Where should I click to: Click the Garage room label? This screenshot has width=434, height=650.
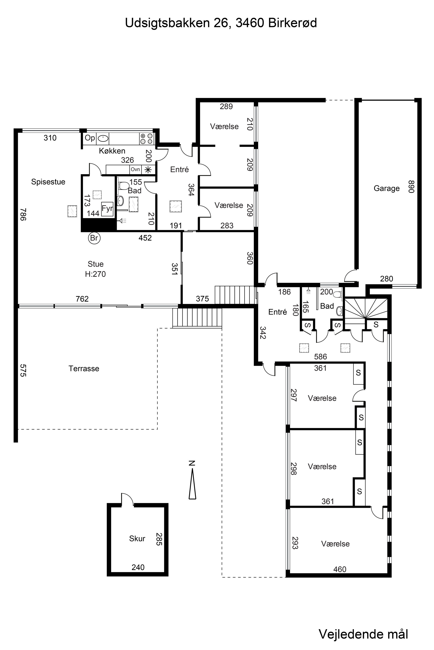pyautogui.click(x=386, y=188)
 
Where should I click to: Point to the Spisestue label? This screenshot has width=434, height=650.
pyautogui.click(x=48, y=182)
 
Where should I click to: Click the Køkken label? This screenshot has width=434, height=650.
pyautogui.click(x=112, y=151)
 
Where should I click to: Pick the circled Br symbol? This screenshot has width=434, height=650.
pyautogui.click(x=94, y=238)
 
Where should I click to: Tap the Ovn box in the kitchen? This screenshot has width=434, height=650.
pyautogui.click(x=135, y=169)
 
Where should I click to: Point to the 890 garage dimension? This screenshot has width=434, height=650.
pyautogui.click(x=412, y=187)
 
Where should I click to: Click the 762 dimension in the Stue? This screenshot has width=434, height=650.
pyautogui.click(x=82, y=299)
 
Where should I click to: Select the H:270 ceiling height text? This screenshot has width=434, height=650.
pyautogui.click(x=95, y=274)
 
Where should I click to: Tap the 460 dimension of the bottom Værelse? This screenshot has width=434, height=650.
pyautogui.click(x=340, y=569)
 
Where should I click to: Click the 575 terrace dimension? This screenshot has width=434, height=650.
pyautogui.click(x=23, y=370)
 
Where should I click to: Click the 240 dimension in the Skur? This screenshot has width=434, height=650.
pyautogui.click(x=138, y=567)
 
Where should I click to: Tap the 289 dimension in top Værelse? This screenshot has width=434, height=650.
pyautogui.click(x=226, y=106)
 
